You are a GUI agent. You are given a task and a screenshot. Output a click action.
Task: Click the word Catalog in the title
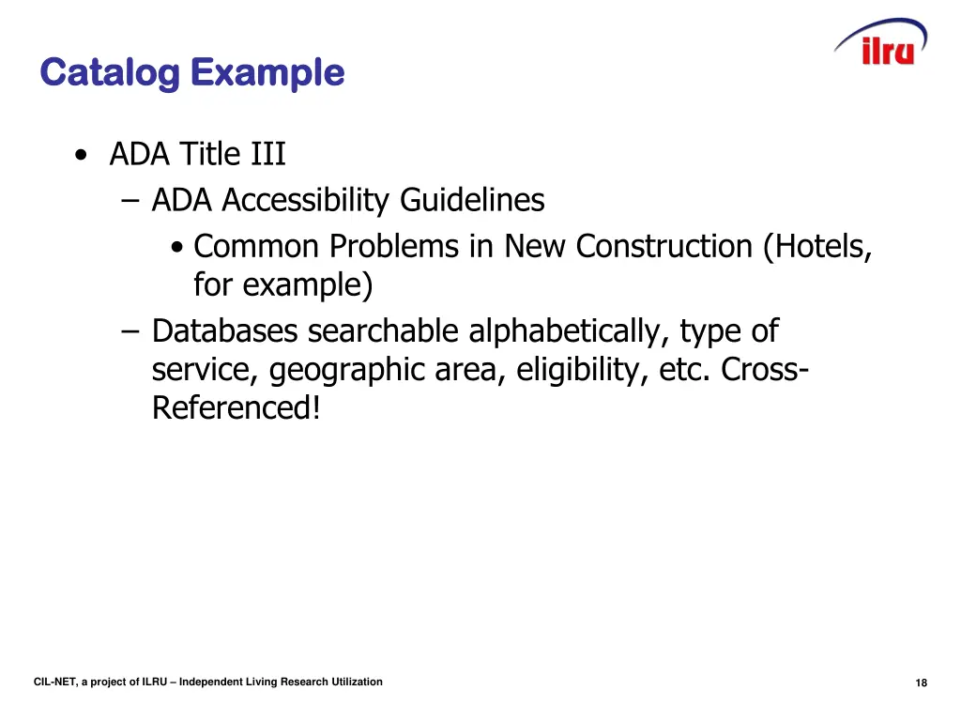click(x=109, y=72)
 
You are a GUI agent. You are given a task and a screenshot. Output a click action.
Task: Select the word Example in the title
click(x=267, y=72)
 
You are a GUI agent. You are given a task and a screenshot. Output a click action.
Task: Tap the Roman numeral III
click(x=267, y=153)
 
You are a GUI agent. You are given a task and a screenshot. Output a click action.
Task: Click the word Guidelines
click(x=472, y=200)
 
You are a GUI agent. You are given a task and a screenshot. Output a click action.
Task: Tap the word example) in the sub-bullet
click(x=308, y=284)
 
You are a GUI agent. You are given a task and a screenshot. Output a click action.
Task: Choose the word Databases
click(x=225, y=330)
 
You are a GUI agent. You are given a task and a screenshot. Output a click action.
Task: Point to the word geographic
click(x=347, y=370)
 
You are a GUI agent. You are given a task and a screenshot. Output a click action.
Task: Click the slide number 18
click(x=921, y=683)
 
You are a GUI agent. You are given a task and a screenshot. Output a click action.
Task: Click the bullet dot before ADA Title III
click(x=84, y=155)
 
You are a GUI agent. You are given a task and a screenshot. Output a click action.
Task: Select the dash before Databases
click(x=130, y=331)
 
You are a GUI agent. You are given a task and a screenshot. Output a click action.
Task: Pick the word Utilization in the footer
click(x=357, y=682)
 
